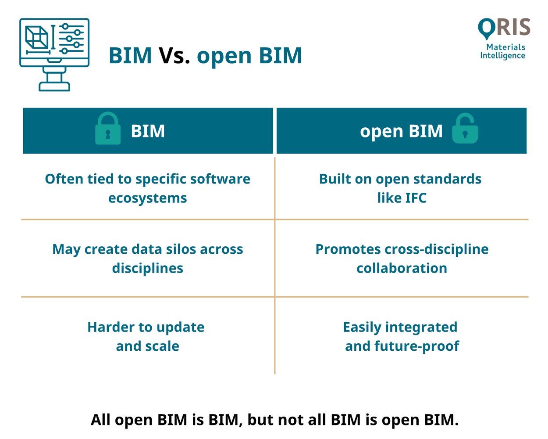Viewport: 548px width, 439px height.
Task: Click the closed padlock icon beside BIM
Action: (x=108, y=129)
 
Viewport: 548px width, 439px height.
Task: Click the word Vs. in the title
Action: (x=174, y=56)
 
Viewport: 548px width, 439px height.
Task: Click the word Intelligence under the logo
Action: (x=502, y=56)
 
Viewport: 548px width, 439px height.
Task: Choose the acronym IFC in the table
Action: (x=414, y=198)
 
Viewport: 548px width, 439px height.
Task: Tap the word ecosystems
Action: (x=147, y=198)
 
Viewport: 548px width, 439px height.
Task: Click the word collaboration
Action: (x=402, y=268)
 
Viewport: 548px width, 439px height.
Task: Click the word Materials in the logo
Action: (x=505, y=47)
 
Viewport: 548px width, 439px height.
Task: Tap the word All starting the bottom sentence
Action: (x=101, y=420)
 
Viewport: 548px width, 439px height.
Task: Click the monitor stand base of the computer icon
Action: (x=54, y=86)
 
